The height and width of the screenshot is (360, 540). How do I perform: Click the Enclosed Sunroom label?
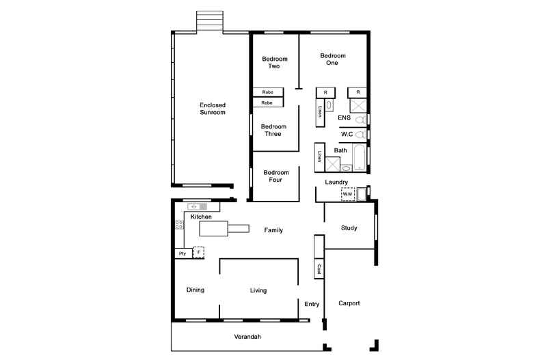212,108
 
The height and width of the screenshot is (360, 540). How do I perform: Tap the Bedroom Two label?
275,62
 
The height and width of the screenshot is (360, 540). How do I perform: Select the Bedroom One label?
332,59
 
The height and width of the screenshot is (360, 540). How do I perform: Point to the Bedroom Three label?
273,130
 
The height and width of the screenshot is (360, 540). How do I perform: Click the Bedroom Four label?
276,176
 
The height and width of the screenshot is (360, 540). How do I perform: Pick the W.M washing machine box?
348,195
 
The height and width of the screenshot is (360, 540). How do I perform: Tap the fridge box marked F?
198,252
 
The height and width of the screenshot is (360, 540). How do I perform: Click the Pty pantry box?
183,253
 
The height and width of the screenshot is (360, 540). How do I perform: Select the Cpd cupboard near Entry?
319,269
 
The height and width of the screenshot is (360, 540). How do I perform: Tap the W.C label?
347,134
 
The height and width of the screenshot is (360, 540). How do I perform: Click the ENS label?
345,118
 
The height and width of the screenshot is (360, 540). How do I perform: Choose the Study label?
349,228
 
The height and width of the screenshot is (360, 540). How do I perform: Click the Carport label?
349,303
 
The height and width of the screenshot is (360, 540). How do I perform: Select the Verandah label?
247,337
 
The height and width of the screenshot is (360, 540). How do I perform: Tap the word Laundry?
336,182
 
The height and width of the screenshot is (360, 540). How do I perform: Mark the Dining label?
195,290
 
